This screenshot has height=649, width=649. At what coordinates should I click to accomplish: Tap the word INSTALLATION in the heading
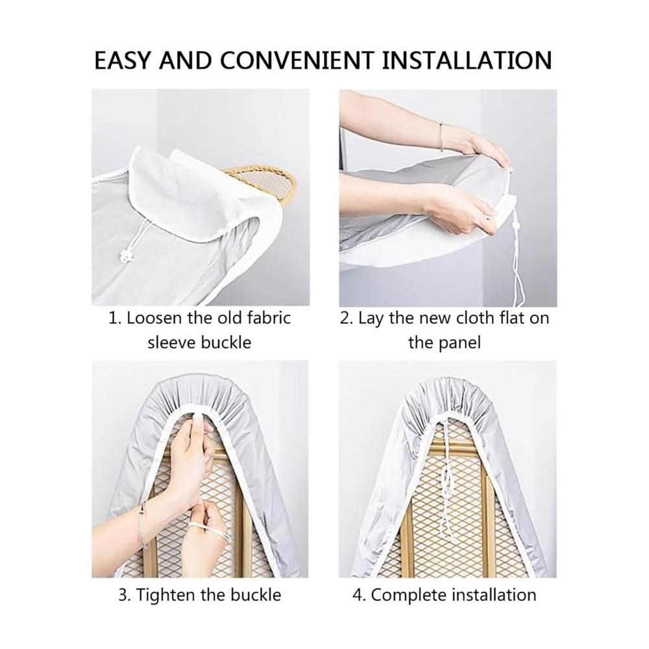click(467, 60)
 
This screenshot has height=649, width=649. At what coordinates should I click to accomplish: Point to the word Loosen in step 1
click(154, 318)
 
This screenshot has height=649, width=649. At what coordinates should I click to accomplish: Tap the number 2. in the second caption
click(346, 318)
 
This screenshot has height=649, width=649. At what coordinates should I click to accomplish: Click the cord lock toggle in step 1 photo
click(127, 257)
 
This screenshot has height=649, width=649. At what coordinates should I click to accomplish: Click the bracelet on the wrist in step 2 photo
click(441, 136)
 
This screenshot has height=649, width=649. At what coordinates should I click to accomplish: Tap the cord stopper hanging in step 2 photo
click(515, 226)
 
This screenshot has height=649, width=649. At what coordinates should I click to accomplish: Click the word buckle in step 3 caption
click(255, 595)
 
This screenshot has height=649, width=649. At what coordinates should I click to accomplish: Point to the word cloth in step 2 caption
click(476, 318)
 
